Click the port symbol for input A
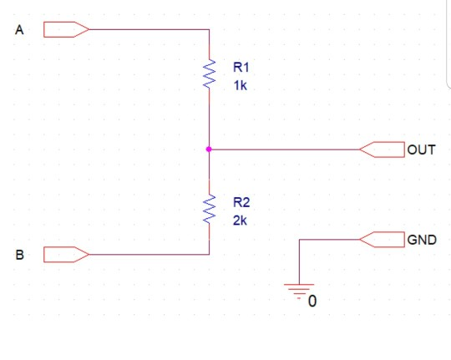(66, 29)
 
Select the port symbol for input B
(66, 255)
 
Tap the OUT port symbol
(382, 150)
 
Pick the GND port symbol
(382, 240)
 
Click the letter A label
(19, 30)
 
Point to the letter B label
(19, 255)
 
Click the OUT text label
(421, 150)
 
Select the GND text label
(422, 240)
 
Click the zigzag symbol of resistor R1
(209, 74)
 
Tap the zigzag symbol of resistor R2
(209, 209)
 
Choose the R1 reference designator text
(241, 68)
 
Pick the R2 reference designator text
(241, 202)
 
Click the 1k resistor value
(241, 85)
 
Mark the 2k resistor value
(240, 221)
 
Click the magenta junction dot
(209, 149)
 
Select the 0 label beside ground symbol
(312, 302)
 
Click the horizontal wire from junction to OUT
(285, 150)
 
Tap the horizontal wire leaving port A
(149, 29)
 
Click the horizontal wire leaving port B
(149, 255)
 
